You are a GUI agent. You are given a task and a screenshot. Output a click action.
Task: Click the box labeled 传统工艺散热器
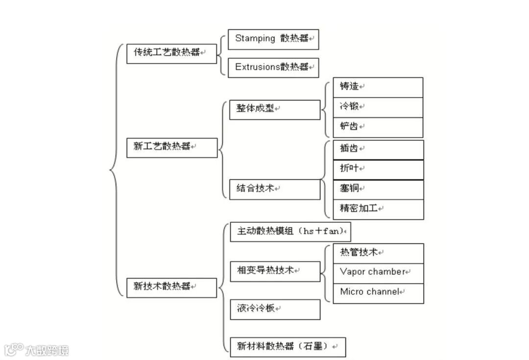click(x=171, y=53)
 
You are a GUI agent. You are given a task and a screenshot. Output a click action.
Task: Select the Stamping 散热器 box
click(x=273, y=39)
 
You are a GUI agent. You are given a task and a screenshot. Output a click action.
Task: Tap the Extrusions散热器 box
click(x=273, y=68)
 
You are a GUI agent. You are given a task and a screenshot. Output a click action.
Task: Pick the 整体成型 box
click(x=275, y=109)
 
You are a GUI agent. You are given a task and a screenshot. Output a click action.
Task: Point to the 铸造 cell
click(x=378, y=87)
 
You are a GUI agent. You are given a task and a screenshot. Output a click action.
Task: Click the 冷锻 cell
click(x=378, y=107)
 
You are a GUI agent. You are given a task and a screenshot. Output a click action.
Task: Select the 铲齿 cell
click(x=378, y=127)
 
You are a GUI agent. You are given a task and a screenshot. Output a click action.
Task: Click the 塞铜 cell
click(x=378, y=190)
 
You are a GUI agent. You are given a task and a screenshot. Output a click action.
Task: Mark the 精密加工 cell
click(x=378, y=209)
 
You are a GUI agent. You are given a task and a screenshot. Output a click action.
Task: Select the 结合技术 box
click(x=275, y=189)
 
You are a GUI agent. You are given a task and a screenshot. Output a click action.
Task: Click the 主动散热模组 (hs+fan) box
click(x=290, y=232)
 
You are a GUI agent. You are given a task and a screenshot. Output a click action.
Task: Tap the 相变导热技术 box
click(x=275, y=271)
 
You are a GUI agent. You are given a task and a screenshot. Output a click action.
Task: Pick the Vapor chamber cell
click(x=378, y=273)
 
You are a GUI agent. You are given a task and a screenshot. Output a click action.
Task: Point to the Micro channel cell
click(x=378, y=293)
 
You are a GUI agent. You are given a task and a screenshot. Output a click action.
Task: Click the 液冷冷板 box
click(x=275, y=310)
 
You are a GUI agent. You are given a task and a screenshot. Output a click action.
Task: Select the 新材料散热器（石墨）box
click(x=288, y=347)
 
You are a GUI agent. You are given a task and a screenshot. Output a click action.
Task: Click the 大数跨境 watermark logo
click(x=37, y=350)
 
